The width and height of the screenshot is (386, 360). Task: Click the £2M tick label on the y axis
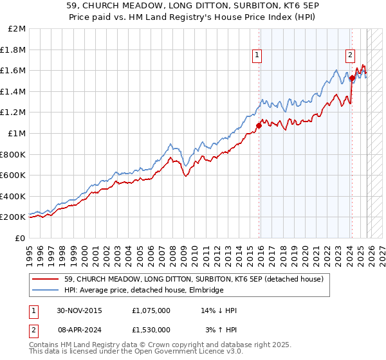click(x=17, y=29)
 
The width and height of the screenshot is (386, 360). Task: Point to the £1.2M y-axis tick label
click(x=14, y=113)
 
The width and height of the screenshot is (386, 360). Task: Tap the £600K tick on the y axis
click(x=14, y=175)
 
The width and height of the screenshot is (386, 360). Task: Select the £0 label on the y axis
click(x=20, y=238)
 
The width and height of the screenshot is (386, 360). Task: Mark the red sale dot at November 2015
click(x=259, y=125)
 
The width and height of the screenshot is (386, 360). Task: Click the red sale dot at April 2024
click(x=353, y=78)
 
